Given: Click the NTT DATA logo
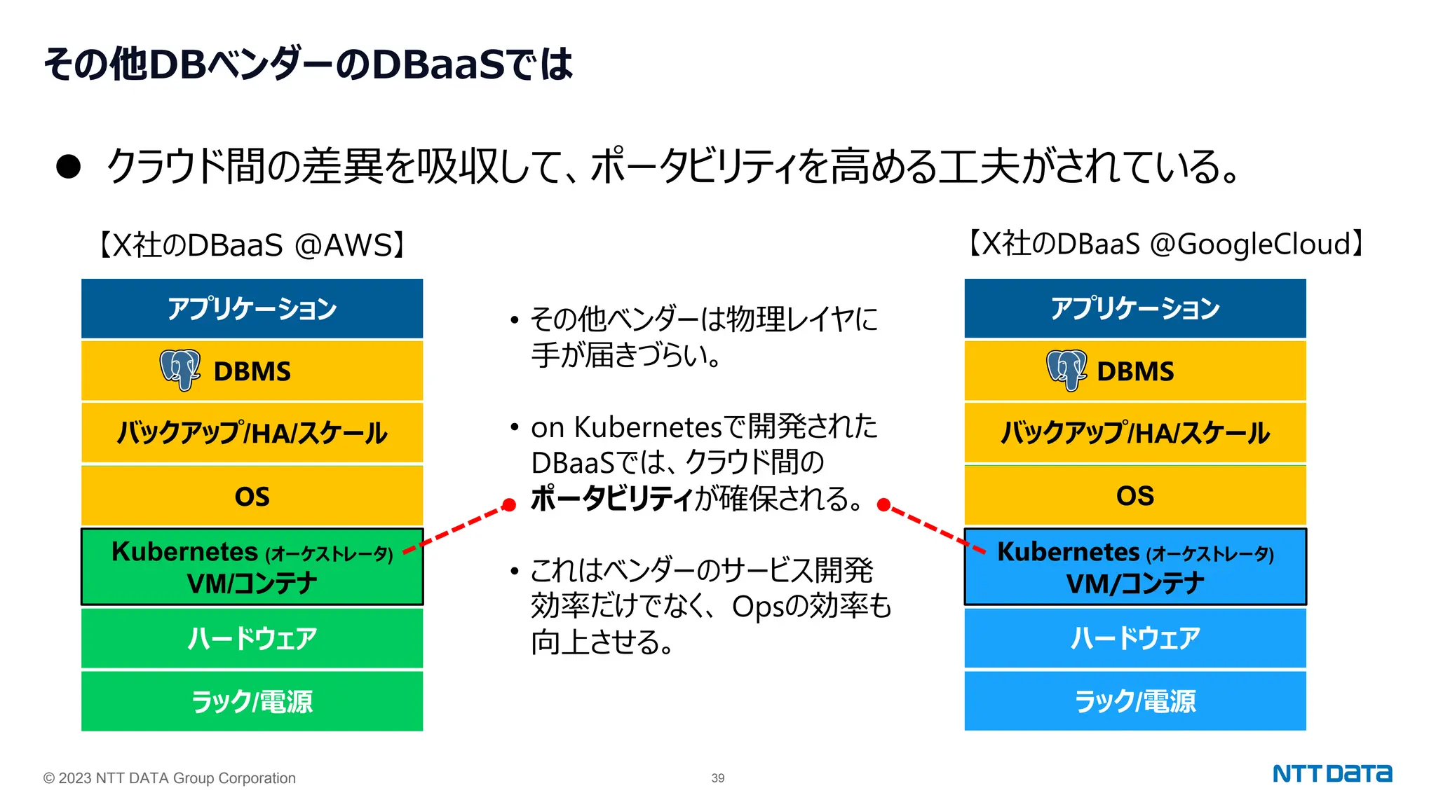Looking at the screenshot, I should coord(1332,773).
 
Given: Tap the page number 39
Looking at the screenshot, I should coord(717,778).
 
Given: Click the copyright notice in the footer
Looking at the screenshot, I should coord(169,778).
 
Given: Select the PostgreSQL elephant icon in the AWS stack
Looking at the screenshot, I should coord(180,369).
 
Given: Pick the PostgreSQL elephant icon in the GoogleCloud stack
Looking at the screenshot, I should coord(1066,369).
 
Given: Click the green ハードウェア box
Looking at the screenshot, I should coord(252,638).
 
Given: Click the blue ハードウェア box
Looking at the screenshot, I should coord(1134,638).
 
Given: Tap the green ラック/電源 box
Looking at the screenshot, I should coord(252,701).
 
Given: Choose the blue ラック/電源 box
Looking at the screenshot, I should coord(1134,701).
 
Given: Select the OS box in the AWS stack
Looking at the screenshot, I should coord(252,496).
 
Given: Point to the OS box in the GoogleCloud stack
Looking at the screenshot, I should coord(1134,496).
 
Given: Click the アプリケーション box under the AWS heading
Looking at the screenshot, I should coord(252,308).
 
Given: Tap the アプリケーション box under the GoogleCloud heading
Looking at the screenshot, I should coord(1134,308).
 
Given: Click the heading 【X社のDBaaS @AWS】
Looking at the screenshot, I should coord(252,245).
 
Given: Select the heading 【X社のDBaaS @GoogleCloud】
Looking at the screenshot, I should coord(1166,244).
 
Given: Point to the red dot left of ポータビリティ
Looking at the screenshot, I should coord(509,504).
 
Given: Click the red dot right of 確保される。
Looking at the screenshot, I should coord(883,504).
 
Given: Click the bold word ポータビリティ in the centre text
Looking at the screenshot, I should coord(611,499).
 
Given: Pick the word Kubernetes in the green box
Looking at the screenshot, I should coord(184,552).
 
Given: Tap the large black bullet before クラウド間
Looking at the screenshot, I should coord(69,167).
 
